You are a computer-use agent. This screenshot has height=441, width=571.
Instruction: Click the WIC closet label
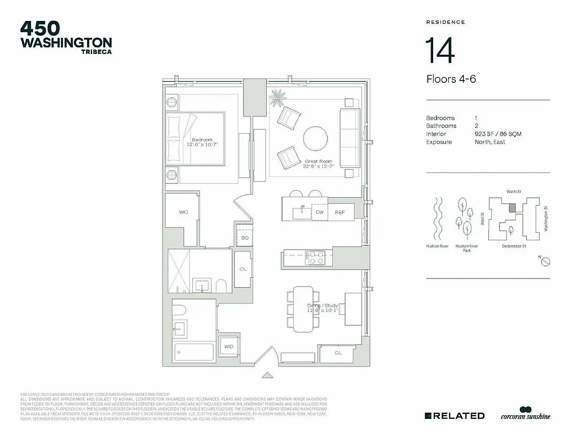[184, 212]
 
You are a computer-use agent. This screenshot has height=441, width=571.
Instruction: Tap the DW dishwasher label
[319, 212]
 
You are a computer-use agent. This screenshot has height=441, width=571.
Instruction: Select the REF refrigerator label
[340, 212]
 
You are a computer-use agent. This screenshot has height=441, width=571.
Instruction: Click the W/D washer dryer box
[228, 346]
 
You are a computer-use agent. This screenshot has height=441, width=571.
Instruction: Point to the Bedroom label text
[202, 140]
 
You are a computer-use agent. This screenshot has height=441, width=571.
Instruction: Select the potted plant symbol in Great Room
[277, 99]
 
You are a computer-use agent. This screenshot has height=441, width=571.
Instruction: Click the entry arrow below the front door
[267, 374]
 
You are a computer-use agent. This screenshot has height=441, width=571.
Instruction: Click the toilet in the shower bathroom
[221, 286]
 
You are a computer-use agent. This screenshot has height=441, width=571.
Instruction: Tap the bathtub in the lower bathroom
[193, 351]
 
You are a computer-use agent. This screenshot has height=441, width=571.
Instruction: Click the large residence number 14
[440, 51]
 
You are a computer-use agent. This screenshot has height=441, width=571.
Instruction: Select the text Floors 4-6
[451, 79]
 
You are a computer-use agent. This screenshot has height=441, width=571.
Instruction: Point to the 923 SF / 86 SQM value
[498, 134]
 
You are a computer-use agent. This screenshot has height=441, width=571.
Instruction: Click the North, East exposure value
[489, 142]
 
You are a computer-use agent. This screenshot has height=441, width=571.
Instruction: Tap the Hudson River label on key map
[436, 246]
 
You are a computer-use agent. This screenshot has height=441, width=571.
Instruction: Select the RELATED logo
[455, 416]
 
